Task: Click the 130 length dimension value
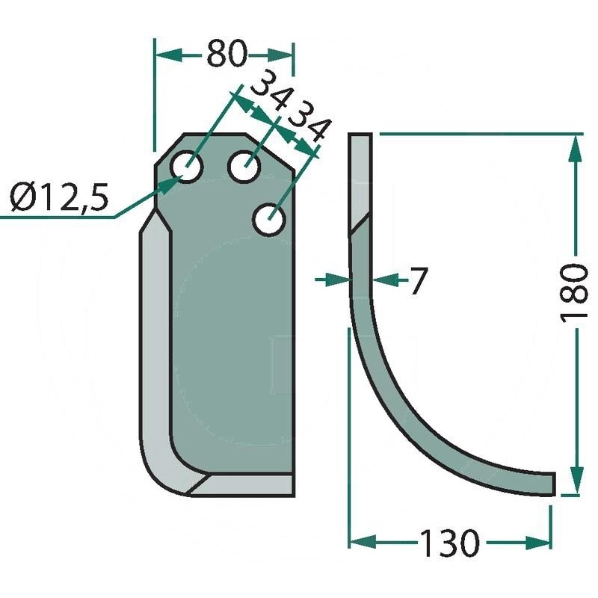[448, 543]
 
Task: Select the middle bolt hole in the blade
[244, 166]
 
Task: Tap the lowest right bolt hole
[268, 221]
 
